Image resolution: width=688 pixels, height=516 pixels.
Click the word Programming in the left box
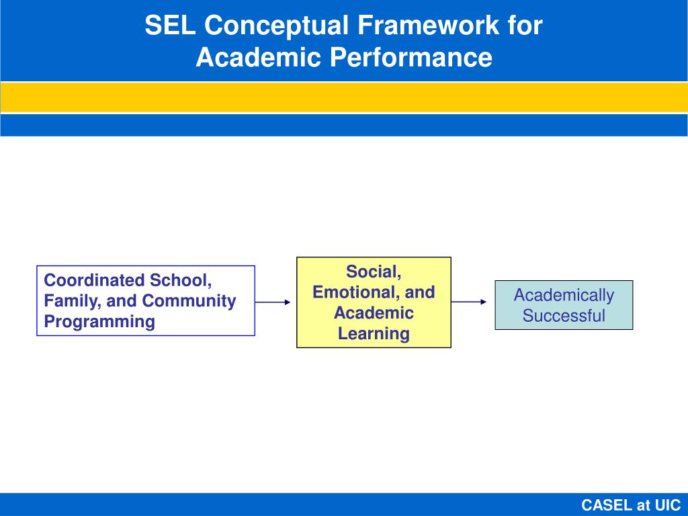click(99, 321)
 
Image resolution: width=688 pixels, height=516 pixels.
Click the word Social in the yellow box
click(374, 271)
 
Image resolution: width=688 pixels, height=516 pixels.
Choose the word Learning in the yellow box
click(374, 333)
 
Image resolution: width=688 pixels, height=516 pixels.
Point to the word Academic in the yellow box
click(374, 313)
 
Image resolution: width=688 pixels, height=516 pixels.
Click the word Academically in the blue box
click(564, 295)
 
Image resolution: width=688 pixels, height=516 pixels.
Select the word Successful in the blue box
click(564, 316)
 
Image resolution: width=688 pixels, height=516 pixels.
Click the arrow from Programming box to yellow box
click(274, 302)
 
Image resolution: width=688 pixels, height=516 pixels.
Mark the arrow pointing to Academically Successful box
click(470, 302)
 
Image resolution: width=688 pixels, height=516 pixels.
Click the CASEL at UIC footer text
click(630, 505)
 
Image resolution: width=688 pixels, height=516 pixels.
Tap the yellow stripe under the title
click(344, 97)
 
